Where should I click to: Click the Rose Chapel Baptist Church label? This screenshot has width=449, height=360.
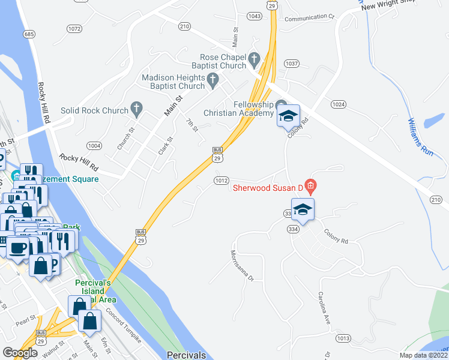click(219, 61)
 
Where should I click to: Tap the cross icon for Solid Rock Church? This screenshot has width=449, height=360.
click(137, 110)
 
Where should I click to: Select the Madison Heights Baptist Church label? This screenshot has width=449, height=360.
click(173, 82)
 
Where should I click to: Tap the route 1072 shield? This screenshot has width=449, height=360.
click(74, 28)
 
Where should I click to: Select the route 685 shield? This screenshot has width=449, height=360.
click(29, 34)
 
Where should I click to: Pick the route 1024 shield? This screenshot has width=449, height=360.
click(339, 104)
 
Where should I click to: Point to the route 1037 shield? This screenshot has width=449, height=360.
click(292, 63)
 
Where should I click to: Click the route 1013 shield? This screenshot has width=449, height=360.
click(343, 338)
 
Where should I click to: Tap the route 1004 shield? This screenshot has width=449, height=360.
click(94, 145)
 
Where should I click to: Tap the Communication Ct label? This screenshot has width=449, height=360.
click(309, 18)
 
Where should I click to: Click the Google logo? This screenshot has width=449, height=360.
click(20, 353)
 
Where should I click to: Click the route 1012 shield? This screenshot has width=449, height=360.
click(221, 180)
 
